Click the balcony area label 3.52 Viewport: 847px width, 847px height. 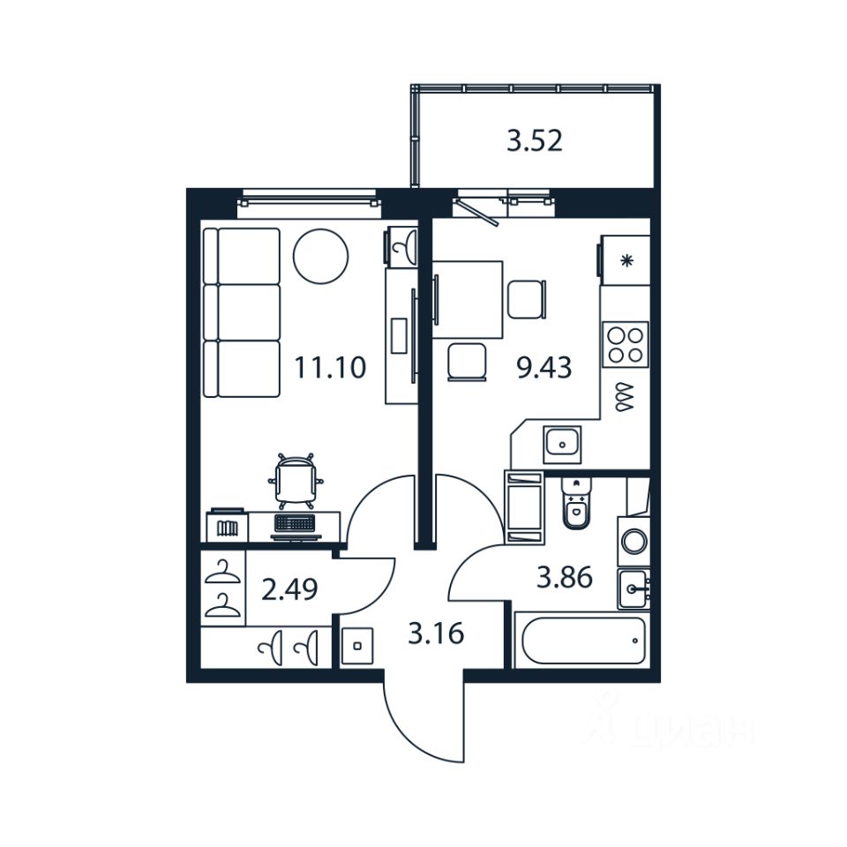(x=534, y=141)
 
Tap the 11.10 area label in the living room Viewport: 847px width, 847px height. (x=329, y=367)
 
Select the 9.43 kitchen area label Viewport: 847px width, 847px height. (x=543, y=367)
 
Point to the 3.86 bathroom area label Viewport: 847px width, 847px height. (x=565, y=579)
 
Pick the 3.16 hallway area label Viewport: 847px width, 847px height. (x=436, y=633)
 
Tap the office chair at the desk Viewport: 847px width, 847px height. (x=296, y=482)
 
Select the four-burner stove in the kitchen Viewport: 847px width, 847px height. (x=626, y=342)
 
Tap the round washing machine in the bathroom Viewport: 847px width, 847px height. (x=633, y=541)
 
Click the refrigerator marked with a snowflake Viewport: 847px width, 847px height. (x=625, y=259)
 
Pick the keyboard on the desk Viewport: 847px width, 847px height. (x=296, y=524)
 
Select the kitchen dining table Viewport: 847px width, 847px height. (x=468, y=298)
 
